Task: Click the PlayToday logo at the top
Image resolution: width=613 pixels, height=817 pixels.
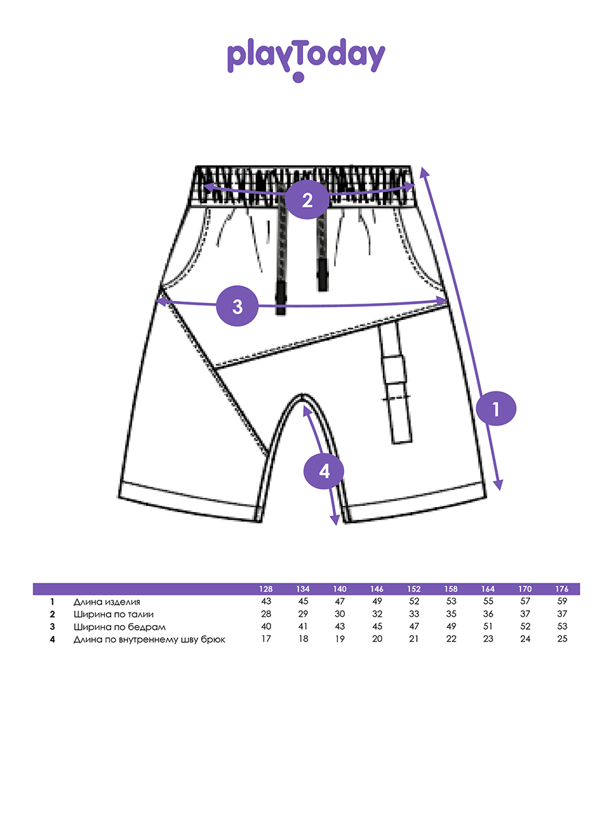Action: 306,58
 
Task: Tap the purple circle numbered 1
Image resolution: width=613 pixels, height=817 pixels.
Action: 496,409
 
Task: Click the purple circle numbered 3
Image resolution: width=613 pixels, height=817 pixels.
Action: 237,306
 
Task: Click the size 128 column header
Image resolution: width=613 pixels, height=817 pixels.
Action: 266,589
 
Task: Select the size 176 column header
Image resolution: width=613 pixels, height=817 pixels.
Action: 562,589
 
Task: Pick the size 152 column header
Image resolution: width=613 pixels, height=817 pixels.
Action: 414,589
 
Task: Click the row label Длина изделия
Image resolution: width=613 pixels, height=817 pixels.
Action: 107,602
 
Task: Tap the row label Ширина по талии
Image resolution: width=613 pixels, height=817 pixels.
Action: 109,614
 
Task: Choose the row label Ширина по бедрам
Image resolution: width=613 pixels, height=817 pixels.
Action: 110,626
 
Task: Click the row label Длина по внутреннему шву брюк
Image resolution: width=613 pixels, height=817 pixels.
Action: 149,639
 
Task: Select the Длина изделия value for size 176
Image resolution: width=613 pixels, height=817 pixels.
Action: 562,602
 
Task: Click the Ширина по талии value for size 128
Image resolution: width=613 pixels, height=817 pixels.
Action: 266,614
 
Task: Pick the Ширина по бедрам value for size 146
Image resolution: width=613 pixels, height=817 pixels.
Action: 377,626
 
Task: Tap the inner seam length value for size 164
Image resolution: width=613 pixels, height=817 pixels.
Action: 488,639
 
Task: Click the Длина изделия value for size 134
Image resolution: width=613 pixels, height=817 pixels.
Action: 303,602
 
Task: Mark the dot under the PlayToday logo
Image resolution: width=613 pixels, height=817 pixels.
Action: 298,78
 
